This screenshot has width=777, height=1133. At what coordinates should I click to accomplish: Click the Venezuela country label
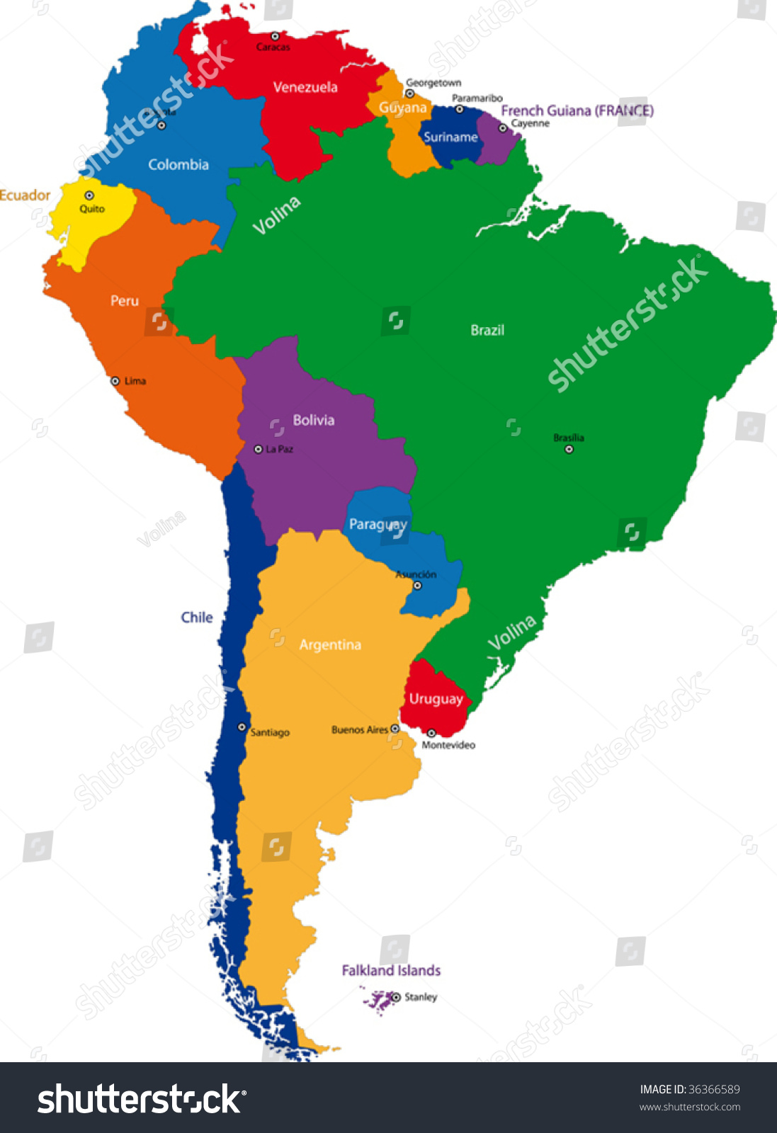point(305,87)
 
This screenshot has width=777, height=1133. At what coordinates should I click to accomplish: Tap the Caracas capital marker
point(275,36)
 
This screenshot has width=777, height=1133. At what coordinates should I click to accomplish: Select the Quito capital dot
point(89,195)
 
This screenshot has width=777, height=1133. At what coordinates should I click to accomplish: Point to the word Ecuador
point(25,195)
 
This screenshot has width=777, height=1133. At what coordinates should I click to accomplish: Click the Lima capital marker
point(115,381)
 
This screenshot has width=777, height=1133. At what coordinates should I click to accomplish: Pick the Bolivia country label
point(313,420)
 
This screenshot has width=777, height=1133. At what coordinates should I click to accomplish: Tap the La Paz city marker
point(258,449)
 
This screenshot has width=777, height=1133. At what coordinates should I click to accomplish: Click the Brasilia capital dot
point(569,449)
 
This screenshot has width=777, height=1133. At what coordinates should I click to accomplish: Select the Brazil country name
point(487,330)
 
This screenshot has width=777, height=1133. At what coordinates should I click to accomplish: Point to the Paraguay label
point(378,525)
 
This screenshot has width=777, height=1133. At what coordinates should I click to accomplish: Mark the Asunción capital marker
point(417,586)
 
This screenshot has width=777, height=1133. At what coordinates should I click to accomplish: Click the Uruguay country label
point(436,699)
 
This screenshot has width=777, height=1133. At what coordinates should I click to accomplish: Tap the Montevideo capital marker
point(431,733)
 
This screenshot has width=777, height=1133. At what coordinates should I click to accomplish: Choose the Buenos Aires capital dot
point(395,729)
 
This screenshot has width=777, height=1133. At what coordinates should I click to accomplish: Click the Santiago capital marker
point(242,727)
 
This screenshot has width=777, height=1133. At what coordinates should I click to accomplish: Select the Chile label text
point(196,617)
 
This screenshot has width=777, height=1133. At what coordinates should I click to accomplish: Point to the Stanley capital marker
point(396,997)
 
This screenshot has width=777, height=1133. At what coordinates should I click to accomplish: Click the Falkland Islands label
point(391,970)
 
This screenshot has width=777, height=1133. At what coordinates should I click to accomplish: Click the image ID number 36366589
point(714,1089)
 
